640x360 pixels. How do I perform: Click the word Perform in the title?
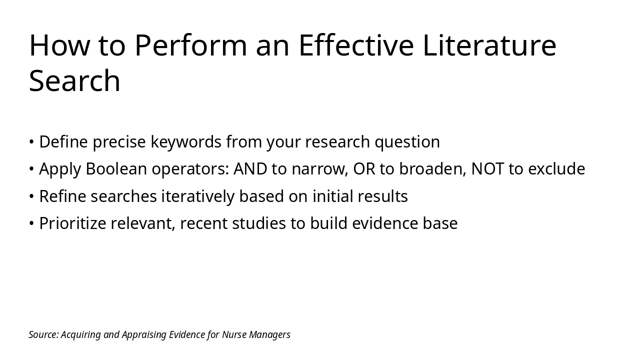190,45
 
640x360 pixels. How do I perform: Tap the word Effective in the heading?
356,45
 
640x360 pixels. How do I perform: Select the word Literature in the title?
489,45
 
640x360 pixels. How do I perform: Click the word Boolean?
116,168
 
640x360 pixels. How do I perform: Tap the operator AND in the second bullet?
250,168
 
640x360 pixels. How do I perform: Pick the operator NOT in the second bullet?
487,168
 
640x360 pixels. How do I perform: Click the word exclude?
556,168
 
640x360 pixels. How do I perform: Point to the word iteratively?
197,196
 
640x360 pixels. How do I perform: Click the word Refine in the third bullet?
62,196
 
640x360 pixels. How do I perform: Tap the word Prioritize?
72,223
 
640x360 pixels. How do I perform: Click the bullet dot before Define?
31,141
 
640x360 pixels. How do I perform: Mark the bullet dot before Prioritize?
31,223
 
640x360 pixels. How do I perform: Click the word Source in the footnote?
43,334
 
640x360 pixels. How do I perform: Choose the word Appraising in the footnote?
144,335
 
